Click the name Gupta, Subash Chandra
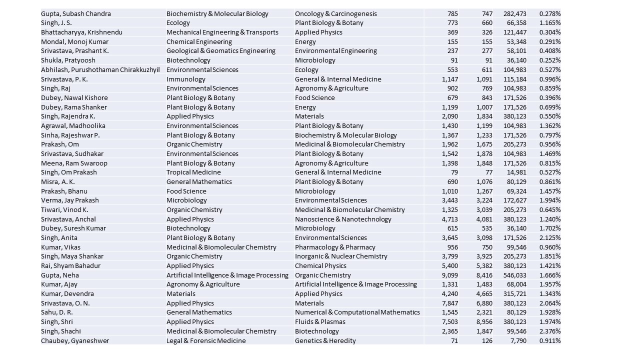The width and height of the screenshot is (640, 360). [76, 13]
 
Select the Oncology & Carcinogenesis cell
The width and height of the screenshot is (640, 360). [336, 13]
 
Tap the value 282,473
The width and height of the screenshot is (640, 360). [514, 13]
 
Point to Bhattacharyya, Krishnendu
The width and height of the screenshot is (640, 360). [81, 32]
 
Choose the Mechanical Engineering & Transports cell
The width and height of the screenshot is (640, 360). [222, 32]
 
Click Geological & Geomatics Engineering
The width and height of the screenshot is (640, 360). [221, 50]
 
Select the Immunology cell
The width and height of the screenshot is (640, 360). [186, 79]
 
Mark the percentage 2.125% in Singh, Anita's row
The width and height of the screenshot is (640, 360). [550, 237]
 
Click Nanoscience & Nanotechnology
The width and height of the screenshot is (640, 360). [343, 219]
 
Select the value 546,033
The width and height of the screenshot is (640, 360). [514, 275]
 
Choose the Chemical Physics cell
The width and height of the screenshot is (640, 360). [320, 265]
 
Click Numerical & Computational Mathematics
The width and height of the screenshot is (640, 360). [357, 312]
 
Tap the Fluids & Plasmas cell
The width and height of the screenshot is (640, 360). [320, 321]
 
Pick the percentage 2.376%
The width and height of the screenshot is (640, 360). [550, 331]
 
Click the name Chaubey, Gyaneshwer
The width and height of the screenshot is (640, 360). [75, 340]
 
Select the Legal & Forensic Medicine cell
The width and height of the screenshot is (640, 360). [206, 340]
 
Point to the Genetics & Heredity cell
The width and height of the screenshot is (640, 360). [325, 340]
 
